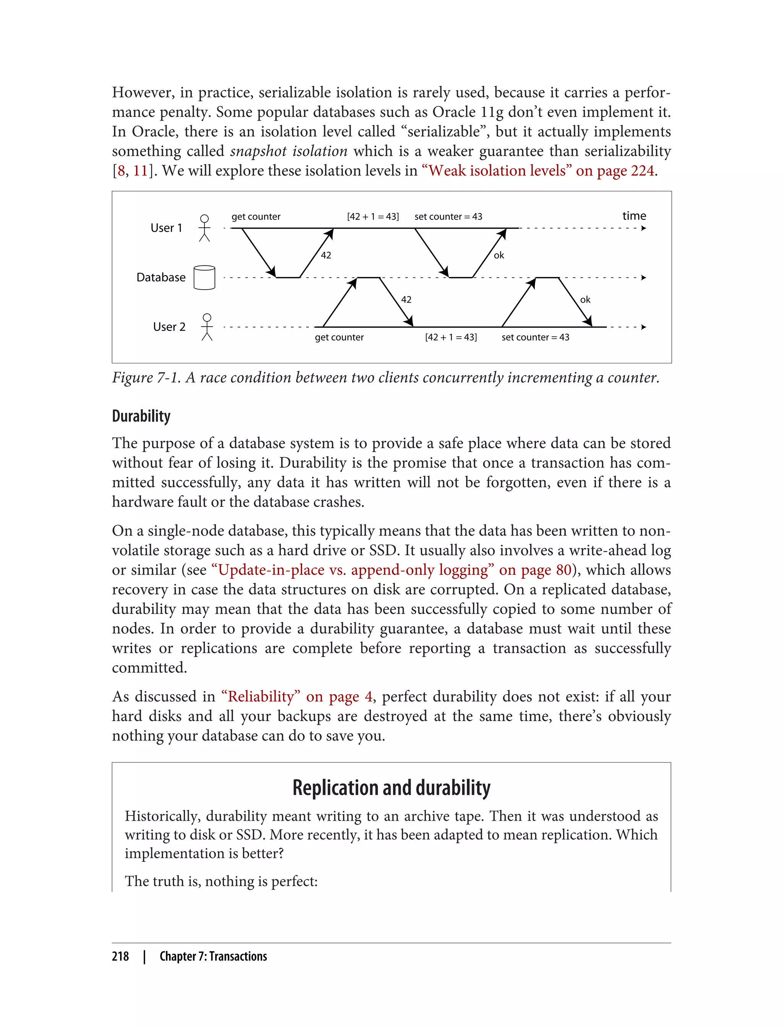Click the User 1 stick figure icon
coord(204,228)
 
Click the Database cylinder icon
coord(204,278)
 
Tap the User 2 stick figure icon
coord(207,327)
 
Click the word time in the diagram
coord(634,215)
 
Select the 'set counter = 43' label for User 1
coord(448,217)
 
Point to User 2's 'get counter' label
coord(339,337)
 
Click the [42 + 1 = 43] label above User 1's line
coord(373,217)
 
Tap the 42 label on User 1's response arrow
coord(326,255)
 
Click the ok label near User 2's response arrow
coord(585,300)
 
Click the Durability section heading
coord(141,416)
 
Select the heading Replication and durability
coord(391,787)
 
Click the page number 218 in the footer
coord(120,956)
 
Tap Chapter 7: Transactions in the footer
coord(213,956)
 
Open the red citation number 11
coord(140,170)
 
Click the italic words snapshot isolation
coord(289,151)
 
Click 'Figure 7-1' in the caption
coord(146,377)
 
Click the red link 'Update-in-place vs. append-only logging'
coord(353,570)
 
